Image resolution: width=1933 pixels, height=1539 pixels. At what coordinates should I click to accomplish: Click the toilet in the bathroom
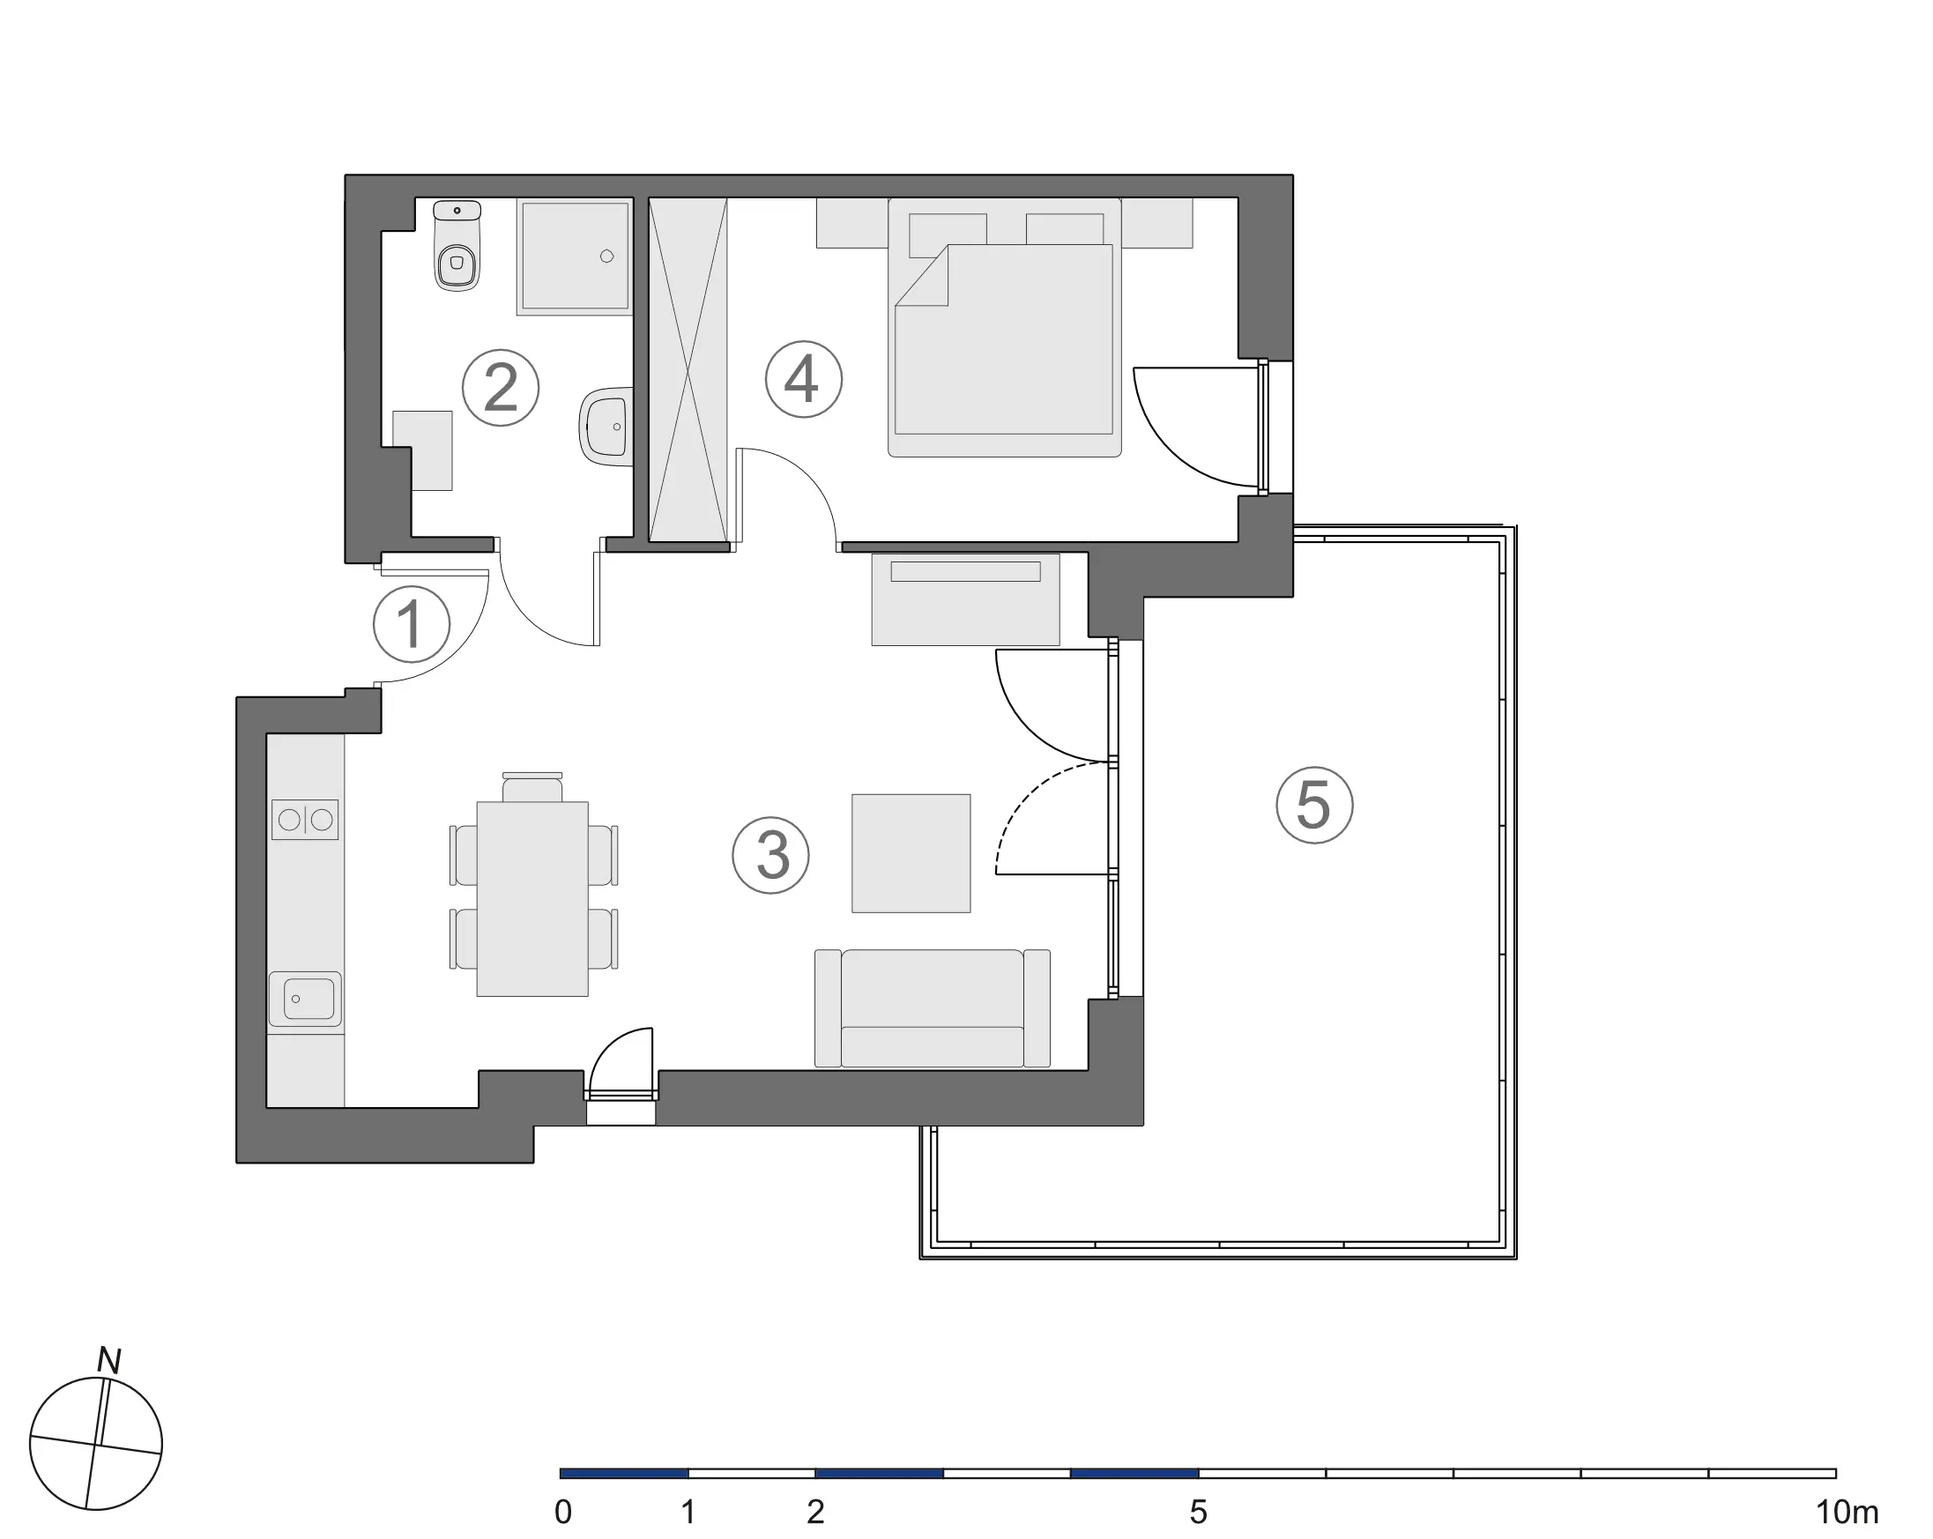pos(457,246)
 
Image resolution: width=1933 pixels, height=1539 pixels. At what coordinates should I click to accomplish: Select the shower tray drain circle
pos(607,256)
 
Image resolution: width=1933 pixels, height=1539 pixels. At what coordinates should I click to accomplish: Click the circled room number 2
pos(501,388)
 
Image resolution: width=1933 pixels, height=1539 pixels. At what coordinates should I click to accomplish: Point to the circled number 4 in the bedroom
pos(803,379)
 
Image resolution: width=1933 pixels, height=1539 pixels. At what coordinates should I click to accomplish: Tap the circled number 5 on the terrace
pos(1314,805)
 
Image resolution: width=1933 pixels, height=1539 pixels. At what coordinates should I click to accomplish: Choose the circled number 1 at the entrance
pos(412,625)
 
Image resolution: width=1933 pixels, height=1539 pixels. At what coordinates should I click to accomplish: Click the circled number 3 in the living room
pos(771,855)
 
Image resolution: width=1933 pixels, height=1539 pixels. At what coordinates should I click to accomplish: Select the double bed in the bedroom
pos(1004,327)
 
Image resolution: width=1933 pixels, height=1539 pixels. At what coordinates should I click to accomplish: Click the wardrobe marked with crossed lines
pos(688,369)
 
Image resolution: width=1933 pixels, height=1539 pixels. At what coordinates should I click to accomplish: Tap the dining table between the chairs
pos(532,899)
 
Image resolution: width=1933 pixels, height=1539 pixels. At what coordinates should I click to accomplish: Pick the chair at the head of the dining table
pos(532,787)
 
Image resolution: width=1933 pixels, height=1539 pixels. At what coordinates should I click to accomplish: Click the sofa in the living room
pos(933,1008)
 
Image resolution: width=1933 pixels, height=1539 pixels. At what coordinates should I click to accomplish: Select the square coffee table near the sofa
pos(911,853)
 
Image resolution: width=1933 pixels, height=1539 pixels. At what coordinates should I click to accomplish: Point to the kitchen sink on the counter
pos(306,999)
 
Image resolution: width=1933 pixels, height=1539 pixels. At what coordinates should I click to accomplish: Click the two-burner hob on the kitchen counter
pos(305,819)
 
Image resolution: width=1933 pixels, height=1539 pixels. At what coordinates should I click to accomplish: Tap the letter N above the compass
pos(109,1361)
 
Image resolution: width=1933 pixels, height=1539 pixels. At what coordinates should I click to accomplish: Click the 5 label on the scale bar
pos(1199,1512)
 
